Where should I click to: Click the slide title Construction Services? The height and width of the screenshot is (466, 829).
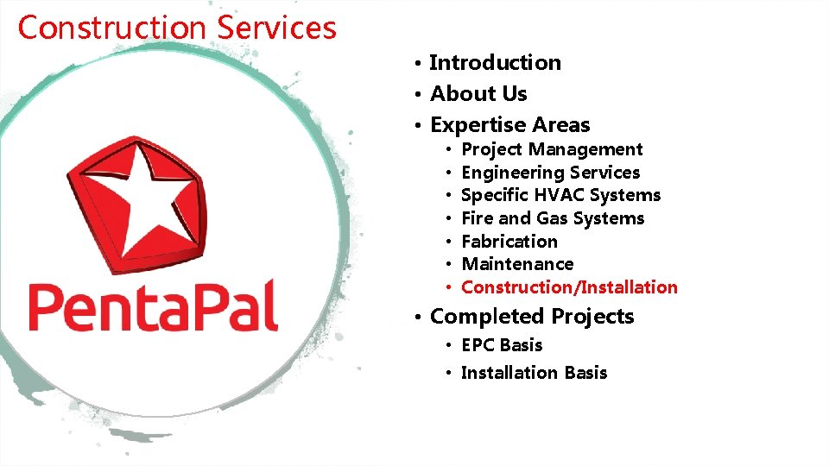(177, 28)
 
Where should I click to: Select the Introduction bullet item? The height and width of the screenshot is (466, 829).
(495, 63)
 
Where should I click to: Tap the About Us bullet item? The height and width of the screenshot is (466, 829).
(478, 94)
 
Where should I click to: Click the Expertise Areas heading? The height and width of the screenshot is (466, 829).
(509, 125)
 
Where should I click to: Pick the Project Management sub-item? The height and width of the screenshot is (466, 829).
(552, 150)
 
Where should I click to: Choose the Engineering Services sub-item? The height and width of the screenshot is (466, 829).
(550, 173)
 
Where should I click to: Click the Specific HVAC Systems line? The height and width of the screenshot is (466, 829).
(560, 196)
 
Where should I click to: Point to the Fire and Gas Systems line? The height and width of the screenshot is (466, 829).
(553, 218)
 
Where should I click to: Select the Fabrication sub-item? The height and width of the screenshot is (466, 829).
(509, 242)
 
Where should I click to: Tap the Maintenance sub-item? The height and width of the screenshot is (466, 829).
(517, 264)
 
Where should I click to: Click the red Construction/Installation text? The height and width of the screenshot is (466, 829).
(569, 287)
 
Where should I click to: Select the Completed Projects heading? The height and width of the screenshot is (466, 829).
(531, 317)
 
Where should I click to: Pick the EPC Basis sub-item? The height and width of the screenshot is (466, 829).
(502, 345)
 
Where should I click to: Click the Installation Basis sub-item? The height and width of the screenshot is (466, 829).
(534, 373)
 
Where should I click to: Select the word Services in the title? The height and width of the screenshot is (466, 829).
(276, 28)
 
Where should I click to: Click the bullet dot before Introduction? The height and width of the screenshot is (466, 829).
(416, 64)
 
